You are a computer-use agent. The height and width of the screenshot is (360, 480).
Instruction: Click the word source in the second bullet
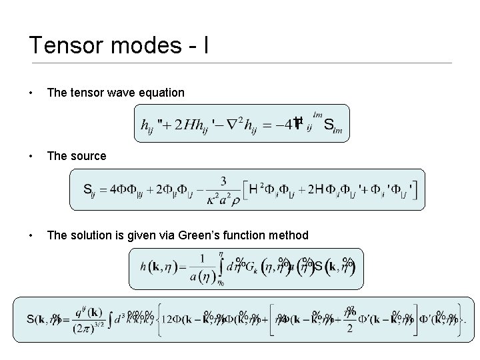tap(86, 156)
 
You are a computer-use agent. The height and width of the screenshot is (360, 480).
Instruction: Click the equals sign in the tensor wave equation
tap(269, 124)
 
